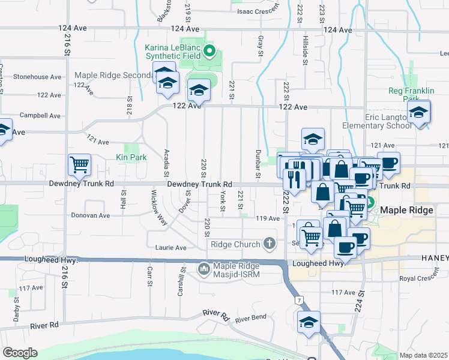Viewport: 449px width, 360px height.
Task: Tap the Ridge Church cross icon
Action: [x=270, y=244]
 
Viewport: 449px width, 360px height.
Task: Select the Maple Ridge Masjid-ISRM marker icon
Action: [x=205, y=268]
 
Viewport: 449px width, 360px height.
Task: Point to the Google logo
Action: [x=20, y=353]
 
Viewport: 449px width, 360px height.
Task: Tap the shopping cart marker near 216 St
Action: [x=79, y=164]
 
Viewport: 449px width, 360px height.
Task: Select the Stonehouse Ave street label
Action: [x=37, y=77]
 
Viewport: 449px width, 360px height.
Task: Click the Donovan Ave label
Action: [x=90, y=215]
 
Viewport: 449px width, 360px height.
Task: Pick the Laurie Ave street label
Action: [x=172, y=247]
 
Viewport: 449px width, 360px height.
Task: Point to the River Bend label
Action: [x=250, y=320]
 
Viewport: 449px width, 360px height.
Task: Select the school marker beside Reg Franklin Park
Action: [x=418, y=112]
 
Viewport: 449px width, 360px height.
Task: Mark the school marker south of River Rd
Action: [x=309, y=322]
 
